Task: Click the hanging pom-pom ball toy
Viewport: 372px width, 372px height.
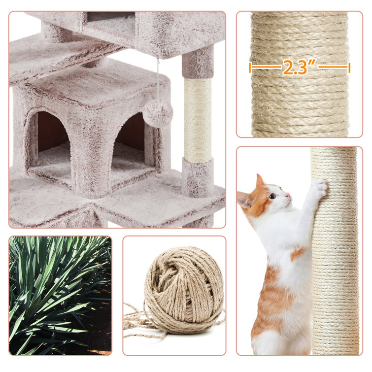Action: click(x=158, y=113)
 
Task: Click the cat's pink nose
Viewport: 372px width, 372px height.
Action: click(x=288, y=195)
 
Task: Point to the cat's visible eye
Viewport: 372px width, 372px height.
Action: click(x=273, y=196)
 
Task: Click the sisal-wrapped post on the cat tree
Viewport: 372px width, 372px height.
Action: click(x=198, y=121)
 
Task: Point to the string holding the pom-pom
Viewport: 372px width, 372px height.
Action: click(x=158, y=79)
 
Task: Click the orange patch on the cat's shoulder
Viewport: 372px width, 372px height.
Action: click(x=297, y=253)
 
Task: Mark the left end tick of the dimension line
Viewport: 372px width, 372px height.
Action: click(x=250, y=68)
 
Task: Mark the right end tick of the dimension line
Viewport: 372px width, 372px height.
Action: click(x=349, y=68)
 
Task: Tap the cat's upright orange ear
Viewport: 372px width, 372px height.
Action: click(x=259, y=181)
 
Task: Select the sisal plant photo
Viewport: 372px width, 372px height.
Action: click(x=60, y=295)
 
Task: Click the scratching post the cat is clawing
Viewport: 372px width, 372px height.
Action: click(x=335, y=251)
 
